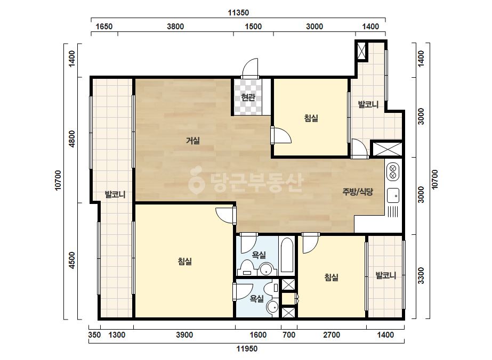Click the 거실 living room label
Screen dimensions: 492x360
[x=192, y=141]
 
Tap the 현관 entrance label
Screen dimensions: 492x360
[x=248, y=97]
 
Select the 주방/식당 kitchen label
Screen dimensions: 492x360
[x=358, y=192]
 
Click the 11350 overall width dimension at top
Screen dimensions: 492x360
[x=238, y=13]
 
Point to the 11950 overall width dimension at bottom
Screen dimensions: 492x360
[x=247, y=349]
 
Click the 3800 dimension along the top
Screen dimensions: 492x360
[x=175, y=26]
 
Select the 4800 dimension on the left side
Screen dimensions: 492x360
[x=72, y=139]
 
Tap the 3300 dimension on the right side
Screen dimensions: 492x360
[x=421, y=275]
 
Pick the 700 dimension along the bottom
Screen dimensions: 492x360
[x=289, y=335]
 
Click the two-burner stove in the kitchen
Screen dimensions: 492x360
[x=393, y=172]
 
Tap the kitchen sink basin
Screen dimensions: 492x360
[x=393, y=195]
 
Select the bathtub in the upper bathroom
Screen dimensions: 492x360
[x=287, y=255]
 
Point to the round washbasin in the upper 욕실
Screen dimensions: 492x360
[x=267, y=269]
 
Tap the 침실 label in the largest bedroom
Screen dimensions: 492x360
[x=184, y=261]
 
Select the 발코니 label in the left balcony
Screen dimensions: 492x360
[x=115, y=194]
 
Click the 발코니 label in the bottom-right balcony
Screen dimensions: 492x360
[x=385, y=276]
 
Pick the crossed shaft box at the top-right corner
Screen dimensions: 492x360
[x=361, y=50]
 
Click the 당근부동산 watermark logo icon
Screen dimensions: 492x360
[x=196, y=180]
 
